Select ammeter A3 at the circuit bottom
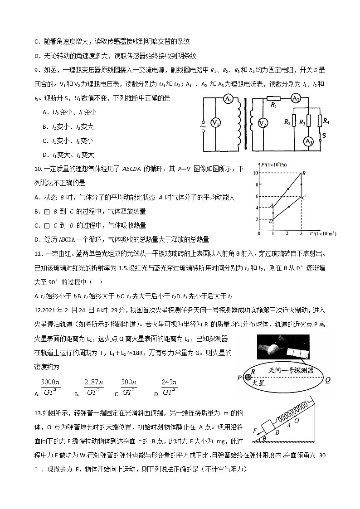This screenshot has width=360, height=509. (308, 141)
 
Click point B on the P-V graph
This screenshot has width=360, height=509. (303, 173)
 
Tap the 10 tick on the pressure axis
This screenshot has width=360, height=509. (256, 173)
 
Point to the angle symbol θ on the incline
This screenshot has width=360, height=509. (264, 438)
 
